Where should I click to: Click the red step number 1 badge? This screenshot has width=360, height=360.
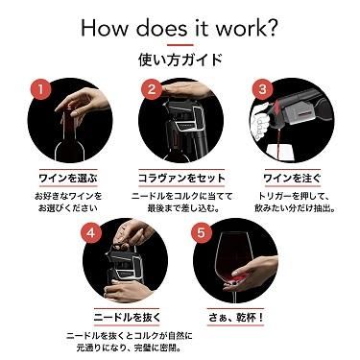point(40,89)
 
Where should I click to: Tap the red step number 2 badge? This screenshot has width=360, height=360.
point(152,89)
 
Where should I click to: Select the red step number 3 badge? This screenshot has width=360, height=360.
point(262,89)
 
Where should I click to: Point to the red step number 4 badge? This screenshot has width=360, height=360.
point(91,232)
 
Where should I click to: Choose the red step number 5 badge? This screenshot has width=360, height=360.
point(201,232)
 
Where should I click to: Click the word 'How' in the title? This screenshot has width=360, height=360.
point(106,28)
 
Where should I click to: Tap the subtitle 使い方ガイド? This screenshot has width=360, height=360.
point(180,60)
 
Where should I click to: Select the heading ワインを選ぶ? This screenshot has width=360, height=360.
point(68,179)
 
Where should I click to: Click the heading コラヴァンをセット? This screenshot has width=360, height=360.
point(181,179)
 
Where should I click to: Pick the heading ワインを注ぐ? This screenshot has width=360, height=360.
point(292,179)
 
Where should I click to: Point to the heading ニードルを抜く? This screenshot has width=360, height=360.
point(127,318)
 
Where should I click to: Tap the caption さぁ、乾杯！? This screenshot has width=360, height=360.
point(236,318)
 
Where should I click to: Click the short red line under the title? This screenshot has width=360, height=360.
point(180,45)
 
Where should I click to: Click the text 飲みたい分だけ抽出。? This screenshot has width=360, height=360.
point(295,208)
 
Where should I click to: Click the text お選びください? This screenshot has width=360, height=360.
point(68,208)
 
